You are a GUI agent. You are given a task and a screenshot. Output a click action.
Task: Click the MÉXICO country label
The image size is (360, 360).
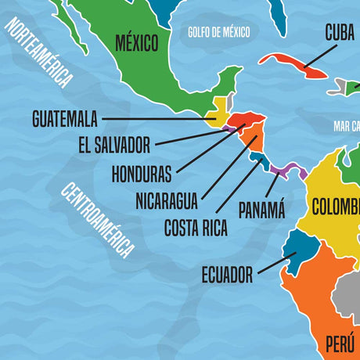(137, 41)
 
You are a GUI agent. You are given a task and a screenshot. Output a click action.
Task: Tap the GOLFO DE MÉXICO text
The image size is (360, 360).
(218, 32)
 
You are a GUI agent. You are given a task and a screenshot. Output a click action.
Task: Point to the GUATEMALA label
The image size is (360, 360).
(65, 119)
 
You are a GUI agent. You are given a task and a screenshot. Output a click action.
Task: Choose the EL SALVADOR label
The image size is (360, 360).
(114, 145)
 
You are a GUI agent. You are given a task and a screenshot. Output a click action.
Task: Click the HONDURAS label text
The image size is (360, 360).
(142, 171)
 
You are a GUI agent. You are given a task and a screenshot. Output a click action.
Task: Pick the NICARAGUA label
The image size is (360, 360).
(166, 200)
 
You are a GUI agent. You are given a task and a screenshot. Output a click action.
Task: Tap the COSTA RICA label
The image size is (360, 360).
(196, 228)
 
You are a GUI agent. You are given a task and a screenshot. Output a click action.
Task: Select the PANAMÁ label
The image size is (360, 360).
(261, 209)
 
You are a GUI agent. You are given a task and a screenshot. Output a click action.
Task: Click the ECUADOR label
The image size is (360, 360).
(227, 275)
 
